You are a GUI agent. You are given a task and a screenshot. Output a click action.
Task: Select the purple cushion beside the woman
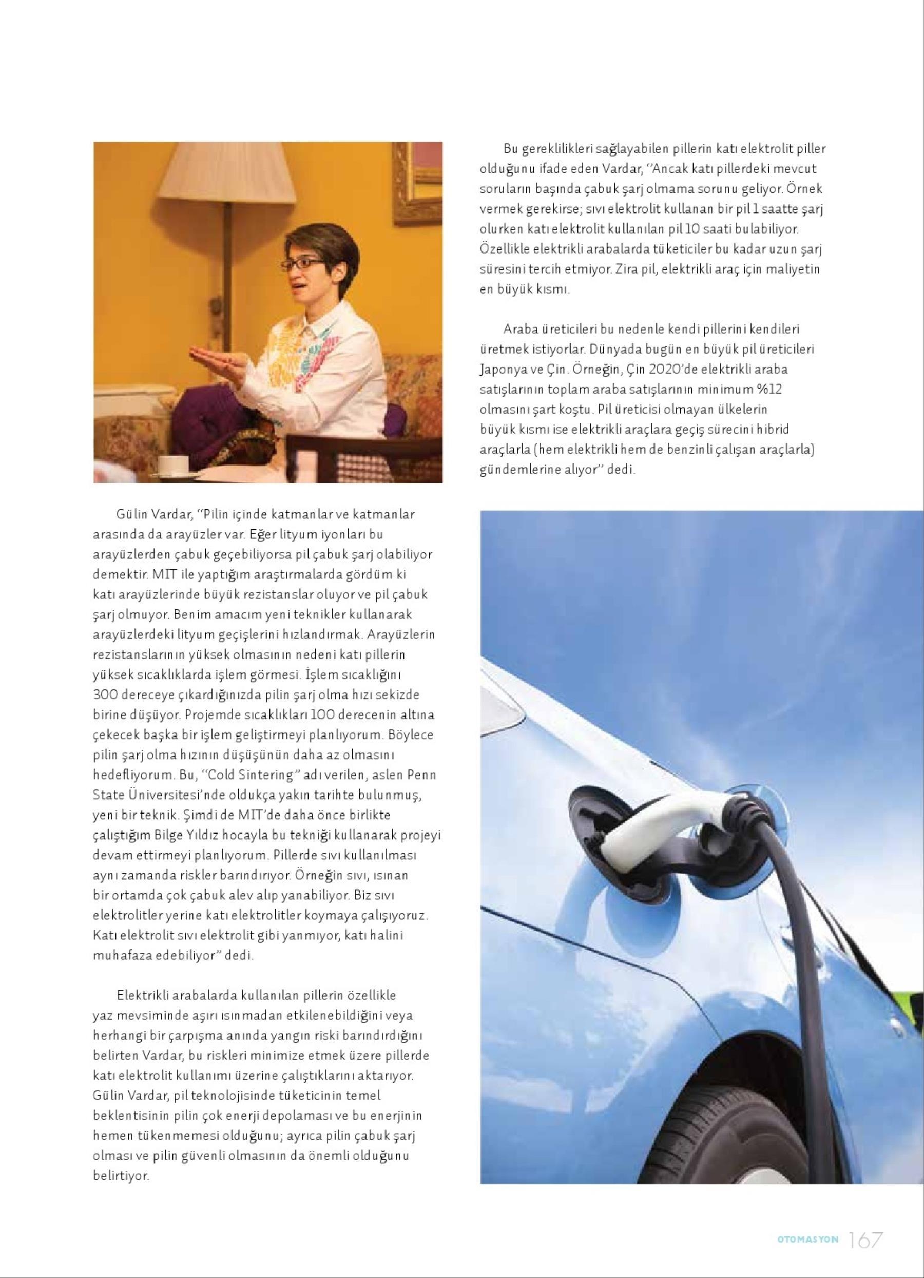pos(203,414)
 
